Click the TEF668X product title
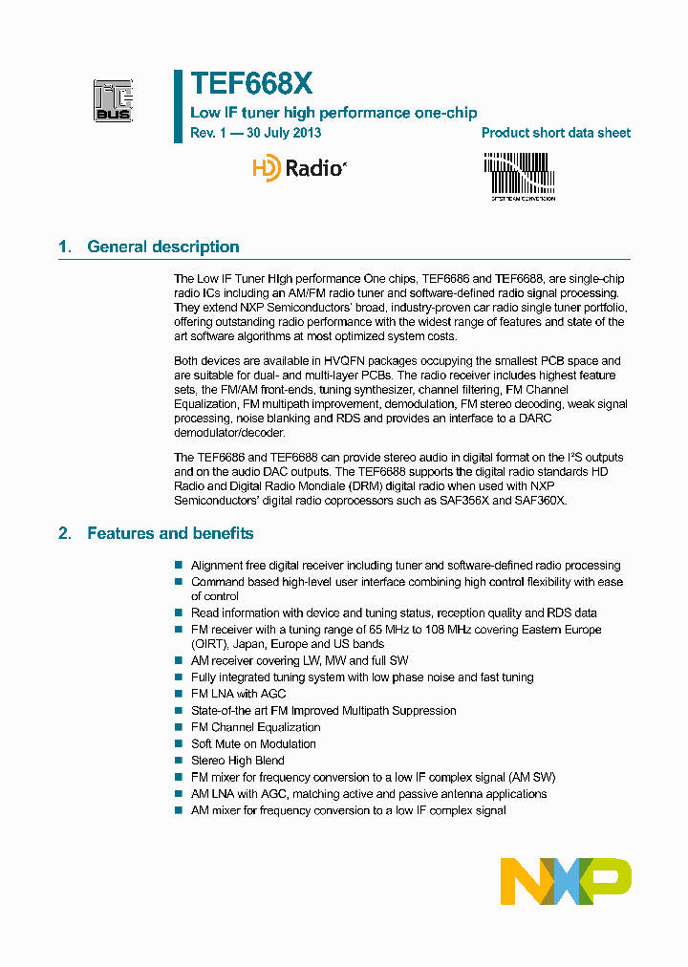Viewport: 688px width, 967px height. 251,84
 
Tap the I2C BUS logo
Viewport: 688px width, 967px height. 114,100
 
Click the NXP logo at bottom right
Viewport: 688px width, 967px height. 566,881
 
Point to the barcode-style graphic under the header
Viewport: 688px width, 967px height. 519,176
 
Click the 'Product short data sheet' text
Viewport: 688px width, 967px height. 555,133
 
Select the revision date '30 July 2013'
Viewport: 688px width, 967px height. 284,133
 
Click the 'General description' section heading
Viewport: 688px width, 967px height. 162,247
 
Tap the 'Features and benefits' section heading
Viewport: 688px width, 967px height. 170,533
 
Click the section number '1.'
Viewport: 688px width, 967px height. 65,247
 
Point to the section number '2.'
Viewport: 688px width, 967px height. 65,533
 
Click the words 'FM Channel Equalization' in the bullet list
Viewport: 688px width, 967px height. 255,727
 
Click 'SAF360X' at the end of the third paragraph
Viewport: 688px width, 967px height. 542,501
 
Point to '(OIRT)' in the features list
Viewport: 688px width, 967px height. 207,644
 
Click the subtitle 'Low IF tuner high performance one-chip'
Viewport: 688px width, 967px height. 333,113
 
